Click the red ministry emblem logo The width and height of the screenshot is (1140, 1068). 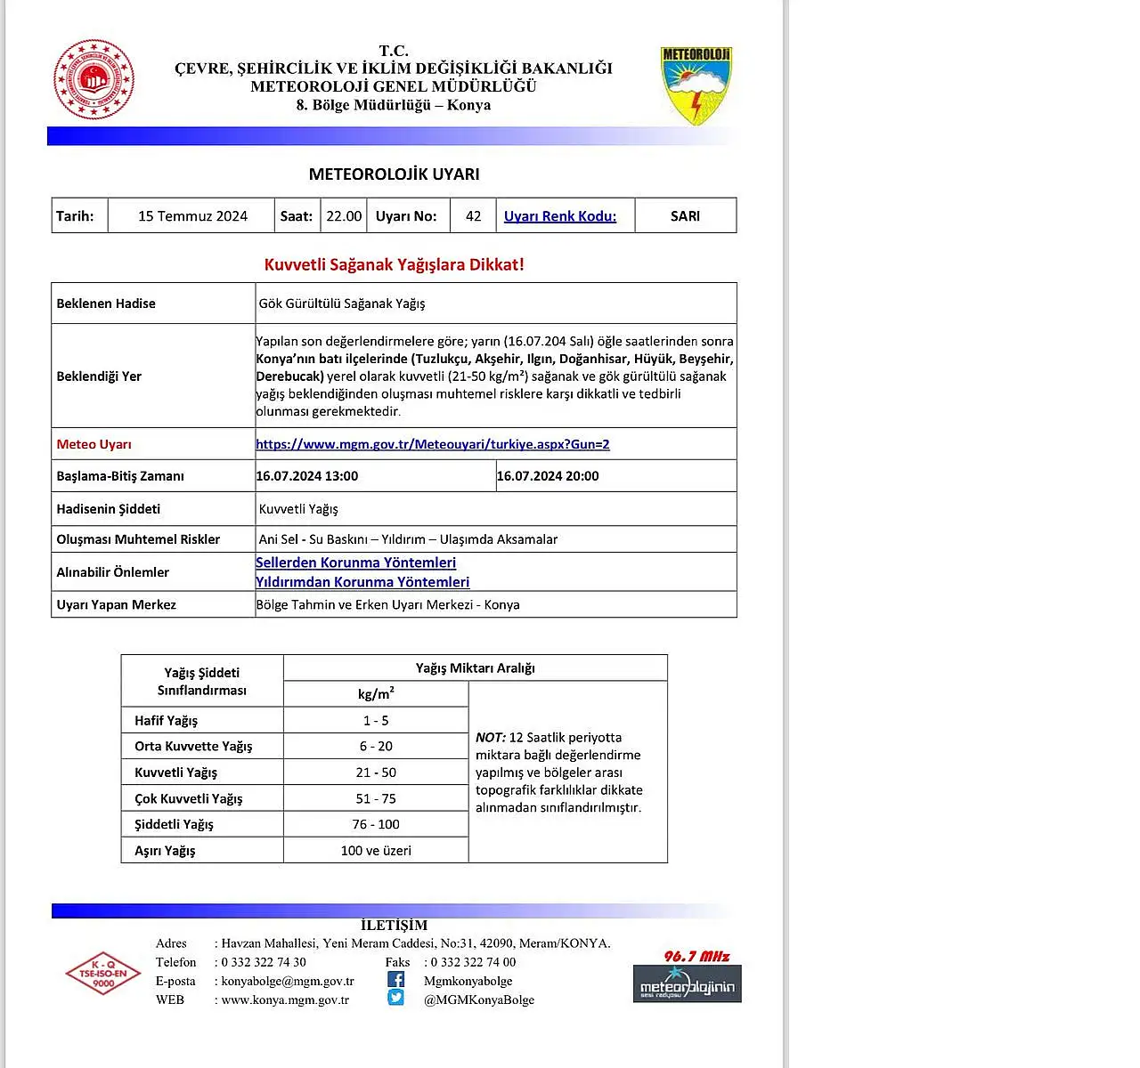(94, 79)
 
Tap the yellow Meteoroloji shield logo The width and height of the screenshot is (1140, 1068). (696, 85)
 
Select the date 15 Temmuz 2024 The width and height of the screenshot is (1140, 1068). (192, 216)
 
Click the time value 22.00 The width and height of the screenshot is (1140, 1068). (344, 216)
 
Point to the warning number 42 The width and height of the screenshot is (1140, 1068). (473, 216)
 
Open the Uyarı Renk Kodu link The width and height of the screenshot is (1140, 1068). (559, 216)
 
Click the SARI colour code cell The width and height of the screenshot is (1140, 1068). (685, 216)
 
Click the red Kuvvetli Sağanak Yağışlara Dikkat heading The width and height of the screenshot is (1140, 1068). (394, 264)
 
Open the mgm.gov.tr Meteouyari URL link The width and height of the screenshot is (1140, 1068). (432, 444)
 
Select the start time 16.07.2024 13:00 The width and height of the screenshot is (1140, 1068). (307, 476)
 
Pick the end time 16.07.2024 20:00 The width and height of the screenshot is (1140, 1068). (548, 476)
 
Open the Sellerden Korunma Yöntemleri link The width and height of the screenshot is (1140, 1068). (355, 562)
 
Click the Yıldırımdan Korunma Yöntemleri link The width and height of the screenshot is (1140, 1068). (362, 582)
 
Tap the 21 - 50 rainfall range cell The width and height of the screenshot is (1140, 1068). (376, 773)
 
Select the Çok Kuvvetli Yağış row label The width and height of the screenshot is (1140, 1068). (188, 798)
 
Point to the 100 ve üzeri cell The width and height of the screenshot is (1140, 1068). (376, 850)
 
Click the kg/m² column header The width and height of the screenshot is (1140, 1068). (376, 693)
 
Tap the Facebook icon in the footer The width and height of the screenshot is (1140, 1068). (395, 980)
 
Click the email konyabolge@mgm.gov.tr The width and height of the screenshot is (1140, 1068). (288, 981)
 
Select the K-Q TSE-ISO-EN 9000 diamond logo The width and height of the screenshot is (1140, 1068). (103, 973)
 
